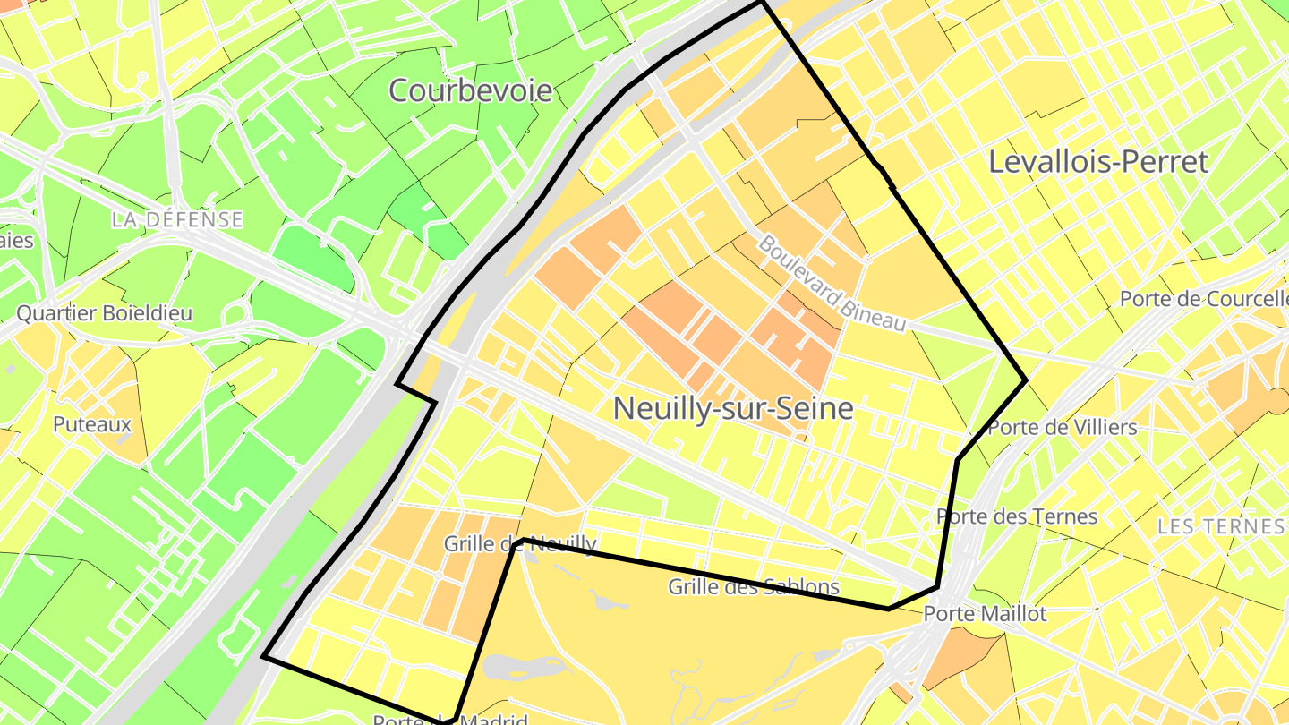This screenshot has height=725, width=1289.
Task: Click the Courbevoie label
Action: (471, 90)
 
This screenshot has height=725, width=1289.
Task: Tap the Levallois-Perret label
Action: (1098, 162)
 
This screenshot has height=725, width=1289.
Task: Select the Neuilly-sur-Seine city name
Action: (733, 409)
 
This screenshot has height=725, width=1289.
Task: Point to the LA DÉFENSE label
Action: (178, 219)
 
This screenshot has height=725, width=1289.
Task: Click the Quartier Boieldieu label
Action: (105, 313)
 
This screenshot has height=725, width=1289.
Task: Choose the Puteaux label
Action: (92, 424)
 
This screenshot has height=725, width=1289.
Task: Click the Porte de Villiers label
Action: (1062, 428)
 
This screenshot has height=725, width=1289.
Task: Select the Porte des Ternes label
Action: (1017, 516)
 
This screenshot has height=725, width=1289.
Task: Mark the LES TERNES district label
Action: (1221, 526)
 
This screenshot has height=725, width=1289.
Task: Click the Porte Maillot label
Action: (985, 614)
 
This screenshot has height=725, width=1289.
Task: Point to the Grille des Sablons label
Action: (754, 587)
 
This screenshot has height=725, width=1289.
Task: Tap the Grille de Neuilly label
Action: (520, 543)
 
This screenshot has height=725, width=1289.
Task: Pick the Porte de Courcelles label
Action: (1203, 299)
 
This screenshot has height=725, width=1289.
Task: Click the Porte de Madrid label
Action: (449, 720)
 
